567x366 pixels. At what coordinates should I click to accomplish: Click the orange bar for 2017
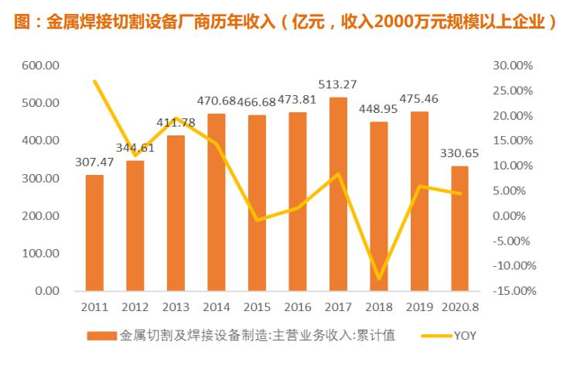(x=338, y=193)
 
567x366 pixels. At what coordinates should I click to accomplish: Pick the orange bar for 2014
(x=216, y=202)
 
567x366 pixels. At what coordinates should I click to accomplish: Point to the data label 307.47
(x=94, y=163)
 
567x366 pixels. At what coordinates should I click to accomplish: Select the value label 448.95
(x=379, y=109)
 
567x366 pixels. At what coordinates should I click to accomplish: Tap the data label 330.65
(x=460, y=153)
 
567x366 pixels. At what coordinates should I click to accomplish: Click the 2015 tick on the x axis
(x=257, y=306)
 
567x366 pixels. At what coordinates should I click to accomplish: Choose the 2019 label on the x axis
(x=419, y=306)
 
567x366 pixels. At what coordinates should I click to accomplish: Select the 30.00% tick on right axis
(x=512, y=66)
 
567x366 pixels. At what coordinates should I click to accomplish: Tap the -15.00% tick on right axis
(x=511, y=291)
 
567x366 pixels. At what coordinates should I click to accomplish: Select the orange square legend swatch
(x=101, y=336)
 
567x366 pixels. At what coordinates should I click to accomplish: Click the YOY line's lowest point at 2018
(x=379, y=279)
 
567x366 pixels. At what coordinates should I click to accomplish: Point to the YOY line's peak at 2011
(x=94, y=81)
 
